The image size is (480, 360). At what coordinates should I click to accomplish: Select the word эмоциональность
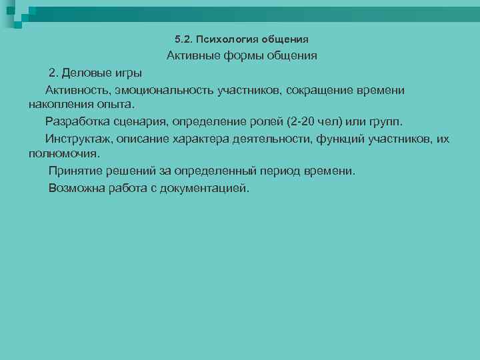tap(164, 89)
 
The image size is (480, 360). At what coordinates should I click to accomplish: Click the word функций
tap(347, 139)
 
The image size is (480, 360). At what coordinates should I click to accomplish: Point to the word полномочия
tap(63, 153)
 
